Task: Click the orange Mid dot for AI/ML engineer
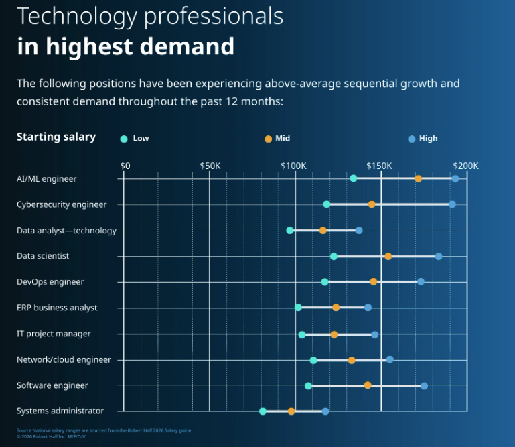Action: [418, 178]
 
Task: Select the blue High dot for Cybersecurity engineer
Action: [452, 204]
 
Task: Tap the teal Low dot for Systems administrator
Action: [263, 411]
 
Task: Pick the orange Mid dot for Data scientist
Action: [388, 256]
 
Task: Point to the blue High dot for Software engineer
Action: [424, 386]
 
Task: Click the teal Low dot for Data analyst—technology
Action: [290, 231]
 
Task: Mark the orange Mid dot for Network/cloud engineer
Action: [352, 360]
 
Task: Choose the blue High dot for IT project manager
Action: [374, 334]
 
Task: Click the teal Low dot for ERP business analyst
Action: [298, 308]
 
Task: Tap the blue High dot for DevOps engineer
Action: [421, 281]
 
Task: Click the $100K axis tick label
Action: [293, 166]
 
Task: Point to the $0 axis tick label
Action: [125, 166]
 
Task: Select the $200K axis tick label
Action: [465, 166]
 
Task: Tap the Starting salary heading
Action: [56, 137]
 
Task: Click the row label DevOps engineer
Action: [50, 282]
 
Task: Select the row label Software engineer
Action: [52, 386]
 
